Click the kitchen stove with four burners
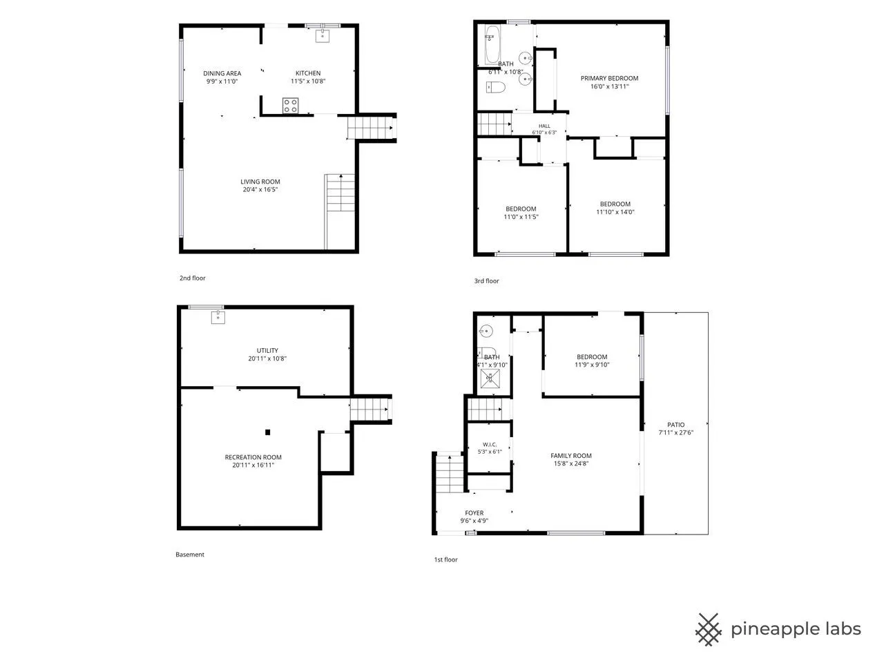tap(290, 106)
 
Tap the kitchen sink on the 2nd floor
tap(323, 35)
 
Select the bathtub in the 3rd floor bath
tap(492, 45)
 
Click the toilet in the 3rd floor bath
tap(496, 87)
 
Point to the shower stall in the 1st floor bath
tap(490, 378)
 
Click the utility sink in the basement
tap(218, 317)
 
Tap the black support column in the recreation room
tap(268, 432)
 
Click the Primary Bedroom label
tap(609, 79)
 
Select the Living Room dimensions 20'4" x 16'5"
tap(260, 190)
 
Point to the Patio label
tap(676, 425)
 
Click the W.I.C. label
tap(490, 444)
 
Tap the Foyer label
tap(474, 513)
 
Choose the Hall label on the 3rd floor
tap(544, 126)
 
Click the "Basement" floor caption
tap(190, 555)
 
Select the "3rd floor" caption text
tap(486, 281)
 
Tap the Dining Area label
tap(222, 73)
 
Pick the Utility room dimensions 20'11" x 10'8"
tap(267, 358)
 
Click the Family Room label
tap(571, 456)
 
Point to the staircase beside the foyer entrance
tap(450, 474)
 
